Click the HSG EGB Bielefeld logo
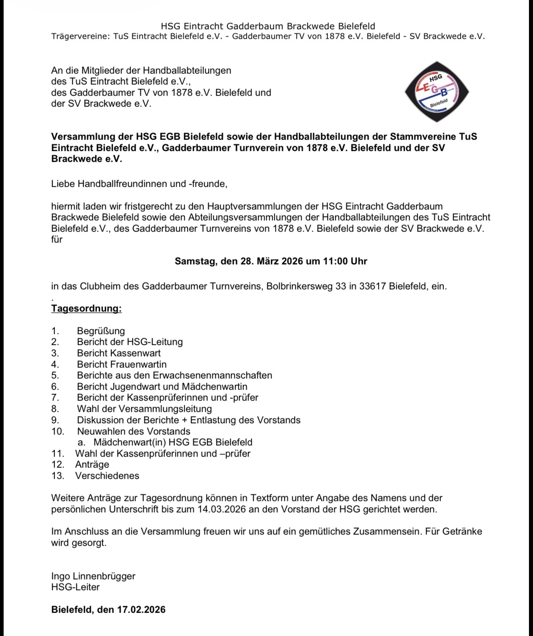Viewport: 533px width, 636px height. [x=436, y=92]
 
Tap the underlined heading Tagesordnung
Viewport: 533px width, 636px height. [x=86, y=309]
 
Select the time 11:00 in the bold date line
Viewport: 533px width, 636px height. [x=335, y=261]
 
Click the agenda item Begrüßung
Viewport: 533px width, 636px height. [x=101, y=331]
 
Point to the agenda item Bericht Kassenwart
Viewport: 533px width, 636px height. [x=119, y=353]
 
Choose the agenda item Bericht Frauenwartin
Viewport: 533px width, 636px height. [x=122, y=365]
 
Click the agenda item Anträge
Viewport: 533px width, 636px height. [x=92, y=465]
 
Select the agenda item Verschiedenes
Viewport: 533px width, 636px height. [x=107, y=476]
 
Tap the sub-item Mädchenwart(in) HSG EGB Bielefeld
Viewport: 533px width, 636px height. [x=173, y=442]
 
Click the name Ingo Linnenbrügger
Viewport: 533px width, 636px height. [x=93, y=576]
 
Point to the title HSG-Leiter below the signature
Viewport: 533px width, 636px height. [x=76, y=587]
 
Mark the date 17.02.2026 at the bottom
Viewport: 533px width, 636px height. [x=141, y=609]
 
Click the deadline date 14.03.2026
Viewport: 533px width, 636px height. [x=222, y=509]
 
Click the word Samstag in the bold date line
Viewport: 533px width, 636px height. [x=195, y=261]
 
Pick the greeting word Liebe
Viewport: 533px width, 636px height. [x=63, y=184]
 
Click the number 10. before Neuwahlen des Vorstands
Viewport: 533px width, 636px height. [x=58, y=432]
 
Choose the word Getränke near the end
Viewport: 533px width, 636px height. [x=462, y=532]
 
